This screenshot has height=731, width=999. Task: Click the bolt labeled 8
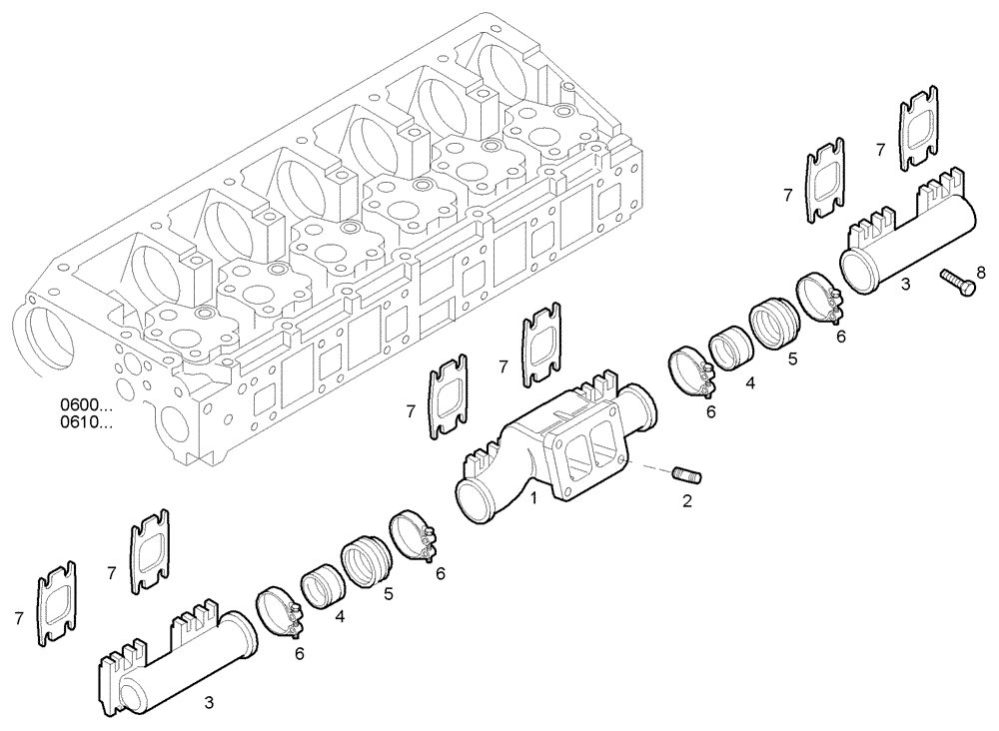click(958, 281)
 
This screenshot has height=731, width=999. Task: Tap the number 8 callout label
click(980, 271)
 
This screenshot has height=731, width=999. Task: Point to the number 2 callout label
click(686, 501)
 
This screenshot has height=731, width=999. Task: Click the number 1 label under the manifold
click(534, 497)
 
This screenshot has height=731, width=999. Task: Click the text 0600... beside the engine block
click(86, 405)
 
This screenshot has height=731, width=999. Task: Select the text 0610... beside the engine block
click(86, 422)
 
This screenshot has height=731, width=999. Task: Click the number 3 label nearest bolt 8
click(905, 285)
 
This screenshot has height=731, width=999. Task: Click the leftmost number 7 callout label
click(18, 619)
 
